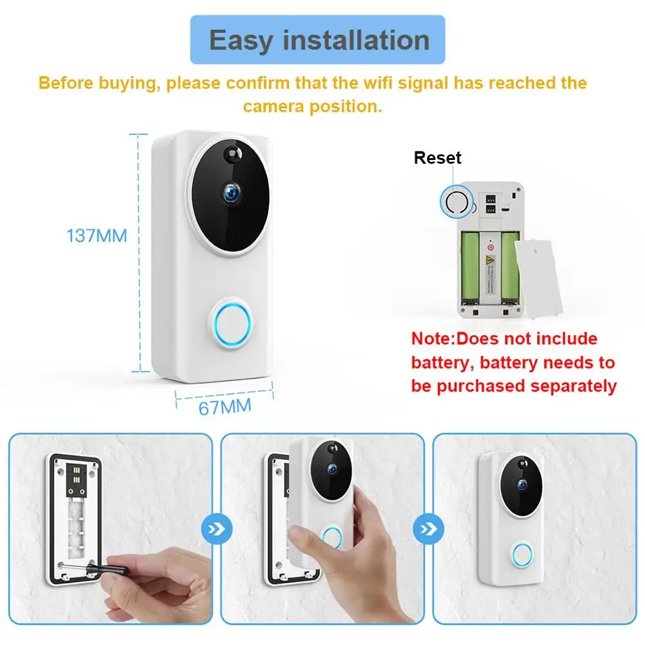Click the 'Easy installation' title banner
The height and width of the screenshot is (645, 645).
(319, 40)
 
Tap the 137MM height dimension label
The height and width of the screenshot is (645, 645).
(97, 235)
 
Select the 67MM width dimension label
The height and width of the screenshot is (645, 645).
(225, 408)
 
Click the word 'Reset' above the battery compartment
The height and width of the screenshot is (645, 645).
(437, 158)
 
